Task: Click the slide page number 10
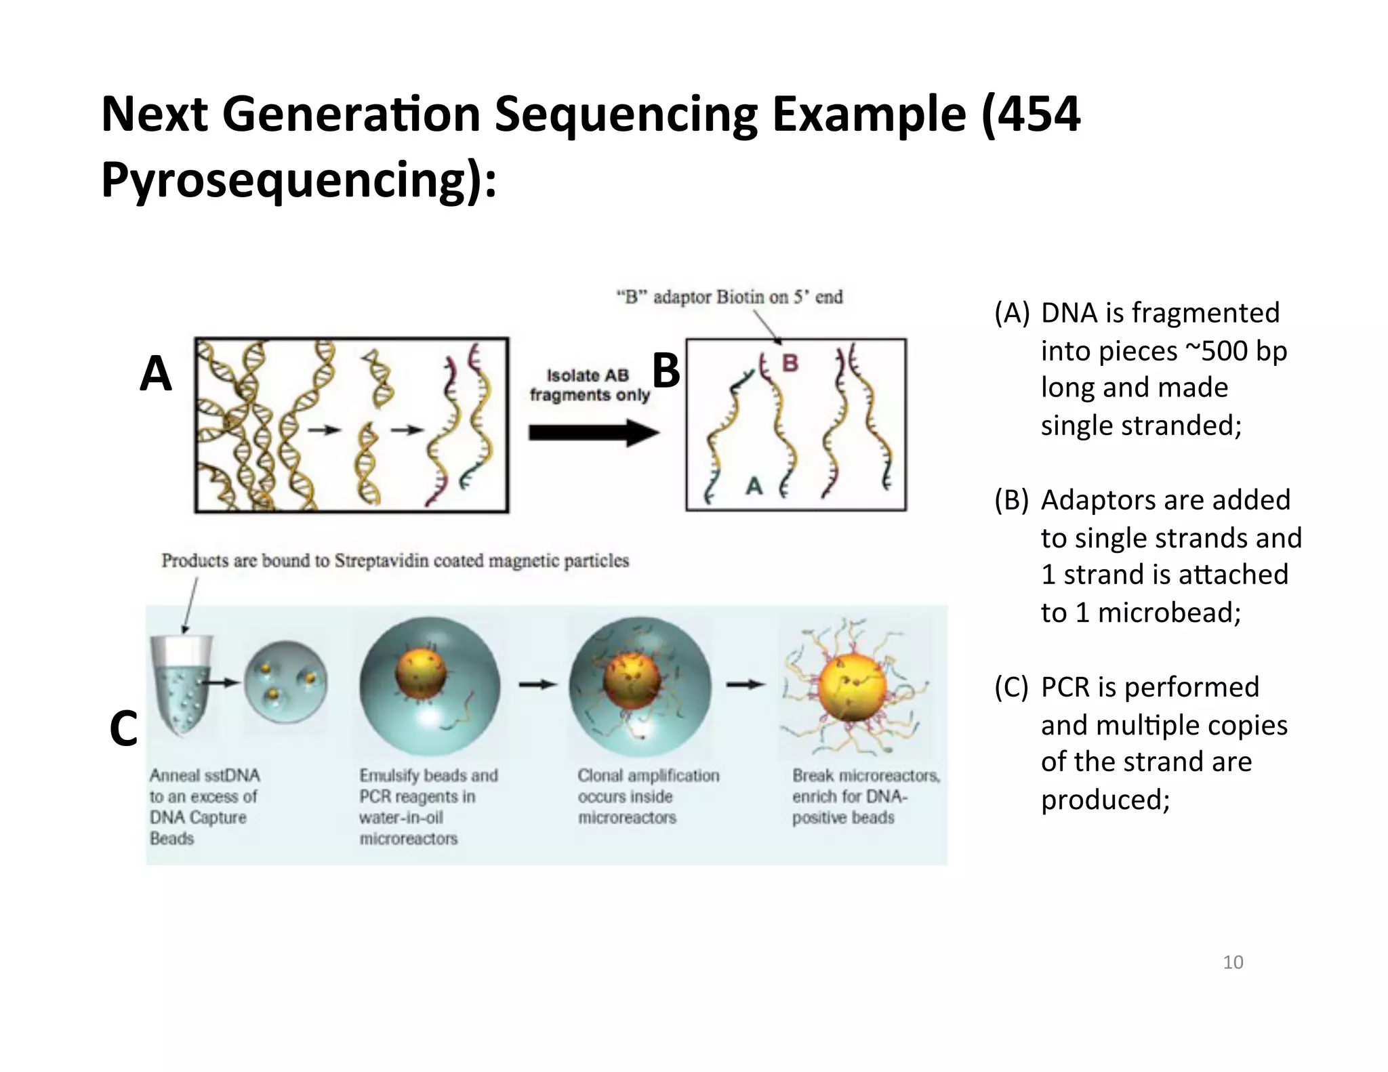tap(1232, 962)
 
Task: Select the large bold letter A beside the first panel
tap(156, 374)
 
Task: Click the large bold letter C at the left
tap(123, 729)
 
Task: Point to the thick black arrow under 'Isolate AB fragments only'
tap(592, 433)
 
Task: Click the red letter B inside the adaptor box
tap(790, 364)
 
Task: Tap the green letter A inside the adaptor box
tap(754, 486)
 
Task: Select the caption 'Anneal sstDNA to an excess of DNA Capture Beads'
tap(204, 806)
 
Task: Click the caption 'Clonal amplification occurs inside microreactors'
tap(647, 796)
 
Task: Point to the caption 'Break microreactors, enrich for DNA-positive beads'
tap(865, 796)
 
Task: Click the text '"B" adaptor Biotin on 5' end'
tap(729, 297)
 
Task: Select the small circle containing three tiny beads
tap(285, 683)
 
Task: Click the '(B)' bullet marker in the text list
tap(1011, 500)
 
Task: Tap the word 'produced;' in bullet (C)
tap(1105, 800)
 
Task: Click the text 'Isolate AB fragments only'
tap(588, 385)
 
